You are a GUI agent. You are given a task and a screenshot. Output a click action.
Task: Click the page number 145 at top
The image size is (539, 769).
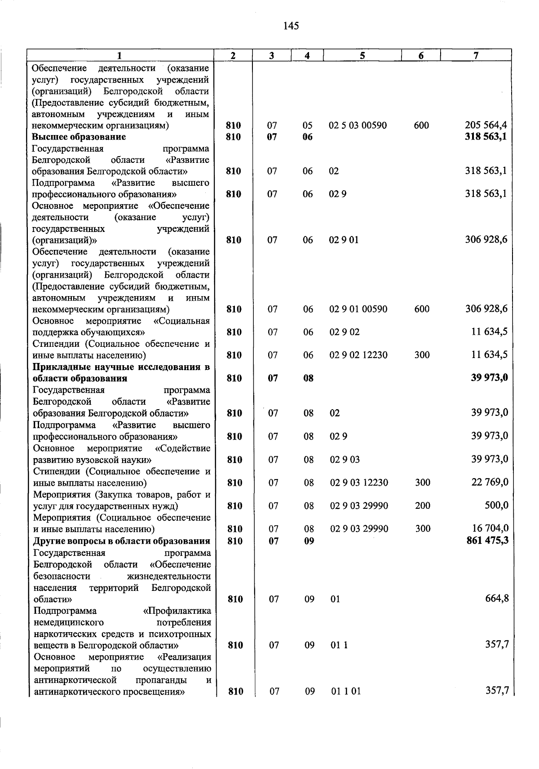pos(291,26)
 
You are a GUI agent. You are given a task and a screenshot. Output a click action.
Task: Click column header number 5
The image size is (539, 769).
pos(362,56)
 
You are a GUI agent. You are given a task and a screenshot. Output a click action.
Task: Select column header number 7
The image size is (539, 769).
pos(476,56)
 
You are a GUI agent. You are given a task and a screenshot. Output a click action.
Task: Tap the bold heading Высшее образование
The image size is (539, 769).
pos(79,137)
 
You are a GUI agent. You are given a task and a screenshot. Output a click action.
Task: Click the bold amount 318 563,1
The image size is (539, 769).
pos(486,137)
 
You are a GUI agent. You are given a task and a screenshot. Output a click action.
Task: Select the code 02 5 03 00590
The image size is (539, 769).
pos(358,125)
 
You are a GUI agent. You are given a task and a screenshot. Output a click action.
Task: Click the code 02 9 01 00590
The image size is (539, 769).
pos(358,309)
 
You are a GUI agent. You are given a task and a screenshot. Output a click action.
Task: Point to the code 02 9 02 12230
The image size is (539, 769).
pos(358,355)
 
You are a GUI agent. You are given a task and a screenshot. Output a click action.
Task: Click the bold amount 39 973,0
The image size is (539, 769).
pos(489,378)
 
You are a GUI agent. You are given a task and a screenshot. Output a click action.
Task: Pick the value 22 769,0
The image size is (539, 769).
pos(490,482)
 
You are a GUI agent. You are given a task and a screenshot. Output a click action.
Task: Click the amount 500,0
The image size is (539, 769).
pos(496,506)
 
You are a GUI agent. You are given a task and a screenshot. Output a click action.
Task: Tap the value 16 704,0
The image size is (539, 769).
pos(490,529)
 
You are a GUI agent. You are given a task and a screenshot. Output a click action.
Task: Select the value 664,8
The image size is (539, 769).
pos(497,599)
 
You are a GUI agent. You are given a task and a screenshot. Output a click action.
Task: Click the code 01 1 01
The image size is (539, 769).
pos(346,691)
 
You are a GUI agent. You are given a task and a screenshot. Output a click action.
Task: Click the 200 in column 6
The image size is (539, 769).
pos(423,506)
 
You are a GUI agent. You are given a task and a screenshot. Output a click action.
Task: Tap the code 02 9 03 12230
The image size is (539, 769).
pos(359,482)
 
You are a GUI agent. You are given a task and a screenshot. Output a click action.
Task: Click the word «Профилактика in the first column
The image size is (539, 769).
pos(177,611)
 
